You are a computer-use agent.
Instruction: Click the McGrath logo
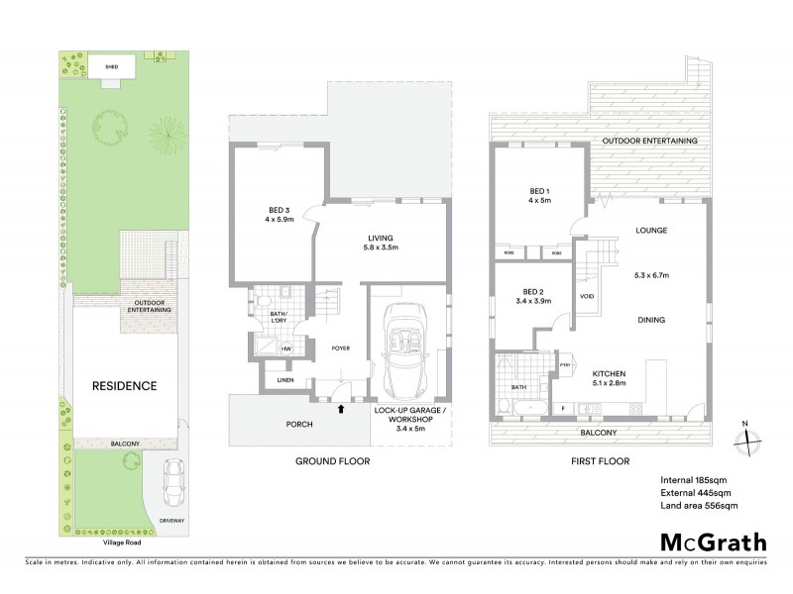(x=712, y=543)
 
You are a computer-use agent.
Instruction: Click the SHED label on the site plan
(x=111, y=68)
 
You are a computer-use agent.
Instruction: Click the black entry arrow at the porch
(x=342, y=407)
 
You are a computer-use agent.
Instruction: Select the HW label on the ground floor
(x=285, y=348)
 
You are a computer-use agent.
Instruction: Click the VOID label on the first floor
(x=586, y=296)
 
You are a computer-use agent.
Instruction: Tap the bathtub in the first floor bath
(x=524, y=407)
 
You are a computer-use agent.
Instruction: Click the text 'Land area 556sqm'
(x=700, y=506)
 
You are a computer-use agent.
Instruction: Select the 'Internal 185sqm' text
(x=696, y=480)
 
